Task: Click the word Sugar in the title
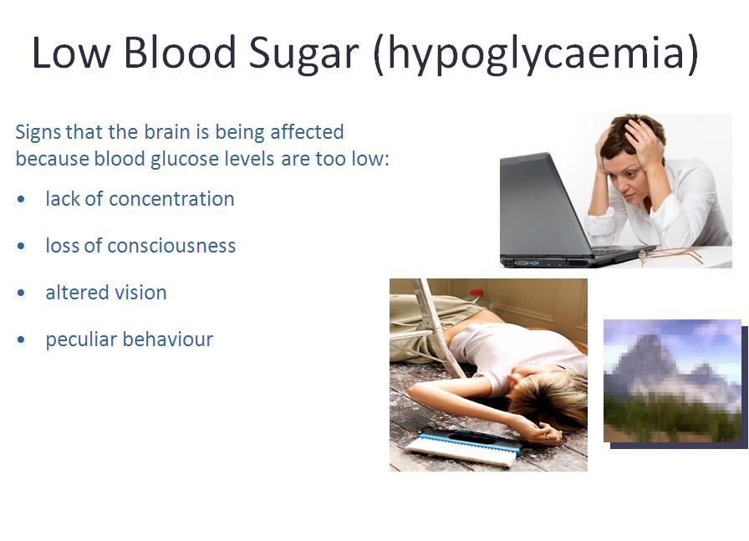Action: (303, 54)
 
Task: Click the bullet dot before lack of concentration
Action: (21, 199)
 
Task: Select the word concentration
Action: (172, 199)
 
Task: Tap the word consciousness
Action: (171, 246)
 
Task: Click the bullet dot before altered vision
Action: (21, 293)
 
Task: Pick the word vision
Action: (144, 293)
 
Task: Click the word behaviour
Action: (168, 339)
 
